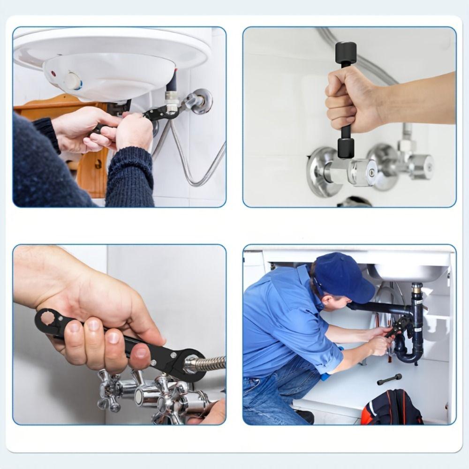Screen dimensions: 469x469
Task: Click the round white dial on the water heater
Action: (x=73, y=81)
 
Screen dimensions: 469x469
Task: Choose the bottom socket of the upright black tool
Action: (x=346, y=148)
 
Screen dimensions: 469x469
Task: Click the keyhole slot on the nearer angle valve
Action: (x=371, y=172)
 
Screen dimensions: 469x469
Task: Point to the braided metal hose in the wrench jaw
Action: (x=206, y=364)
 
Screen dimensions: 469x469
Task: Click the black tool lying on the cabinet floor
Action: (x=389, y=378)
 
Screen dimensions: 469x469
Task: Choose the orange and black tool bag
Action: (x=392, y=408)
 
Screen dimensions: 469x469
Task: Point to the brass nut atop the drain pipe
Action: (x=417, y=287)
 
